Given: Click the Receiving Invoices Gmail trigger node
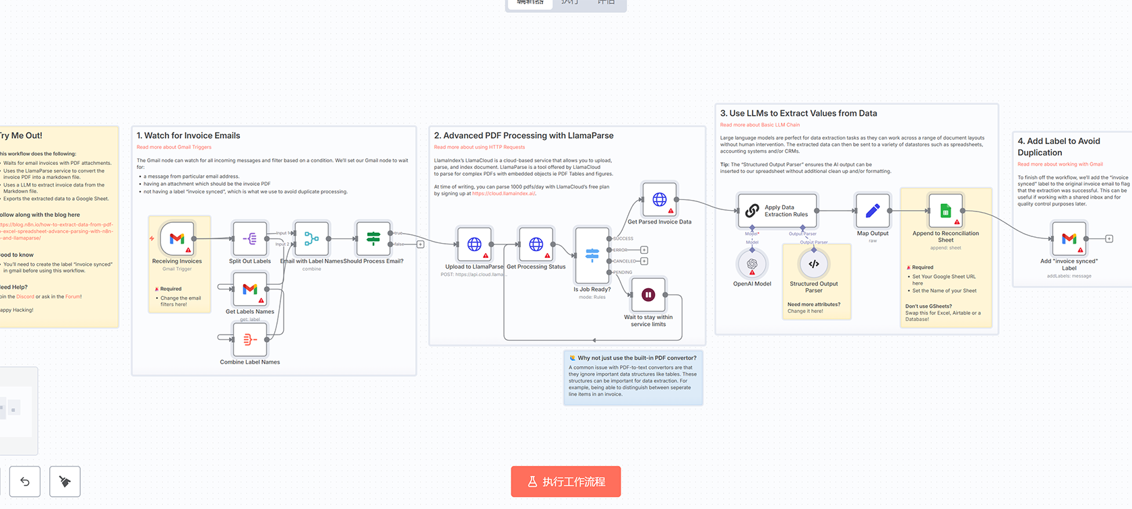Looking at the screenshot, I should pos(177,238).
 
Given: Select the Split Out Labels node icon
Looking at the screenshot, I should pos(249,238).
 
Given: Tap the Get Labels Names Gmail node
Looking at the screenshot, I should pos(249,289).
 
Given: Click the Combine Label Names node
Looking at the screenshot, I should pos(249,339).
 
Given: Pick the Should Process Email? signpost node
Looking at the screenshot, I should pos(373,238).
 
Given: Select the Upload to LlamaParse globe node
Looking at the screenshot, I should pos(474,244).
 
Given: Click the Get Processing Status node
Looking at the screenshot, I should pos(536,244).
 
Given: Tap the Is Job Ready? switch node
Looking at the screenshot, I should pos(592,255).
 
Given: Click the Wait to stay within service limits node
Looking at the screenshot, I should pos(648,294).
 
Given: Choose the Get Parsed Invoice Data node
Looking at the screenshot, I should pos(660,199).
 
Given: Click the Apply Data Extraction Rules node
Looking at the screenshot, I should pos(778,211).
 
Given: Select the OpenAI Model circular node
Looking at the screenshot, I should pos(752,264).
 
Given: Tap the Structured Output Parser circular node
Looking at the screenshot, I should pos(814,264).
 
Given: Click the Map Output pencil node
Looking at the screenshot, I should pos(873,211).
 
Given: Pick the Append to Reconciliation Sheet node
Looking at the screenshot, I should pos(945,211).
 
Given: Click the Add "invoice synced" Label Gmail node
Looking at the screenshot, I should pos(1069,238).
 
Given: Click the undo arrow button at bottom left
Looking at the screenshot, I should pos(25,481).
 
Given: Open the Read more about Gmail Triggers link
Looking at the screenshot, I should pos(174,147).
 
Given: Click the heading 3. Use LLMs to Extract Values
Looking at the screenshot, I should pos(798,113).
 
